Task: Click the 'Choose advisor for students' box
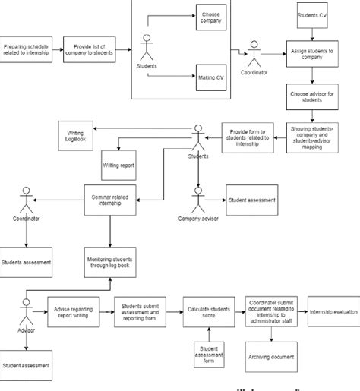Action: [311, 97]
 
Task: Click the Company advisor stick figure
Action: [198, 201]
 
